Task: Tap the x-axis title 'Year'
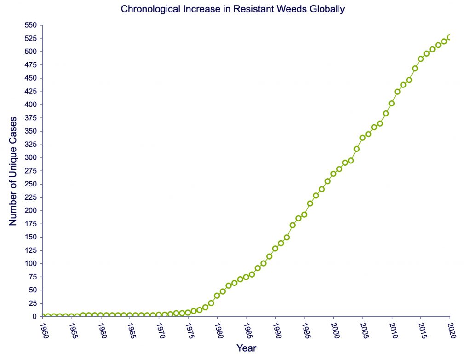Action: point(246,348)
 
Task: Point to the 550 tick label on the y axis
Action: point(31,25)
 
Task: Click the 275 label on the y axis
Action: point(31,171)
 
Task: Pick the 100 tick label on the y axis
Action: point(31,264)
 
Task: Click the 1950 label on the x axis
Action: point(43,330)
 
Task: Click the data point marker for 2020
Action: point(450,37)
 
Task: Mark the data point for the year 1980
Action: point(217,296)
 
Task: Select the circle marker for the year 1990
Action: point(275,249)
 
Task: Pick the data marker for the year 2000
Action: point(333,174)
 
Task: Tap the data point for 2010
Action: point(391,104)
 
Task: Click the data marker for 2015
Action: point(420,59)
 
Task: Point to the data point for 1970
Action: point(159,315)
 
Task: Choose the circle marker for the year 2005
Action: point(362,138)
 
